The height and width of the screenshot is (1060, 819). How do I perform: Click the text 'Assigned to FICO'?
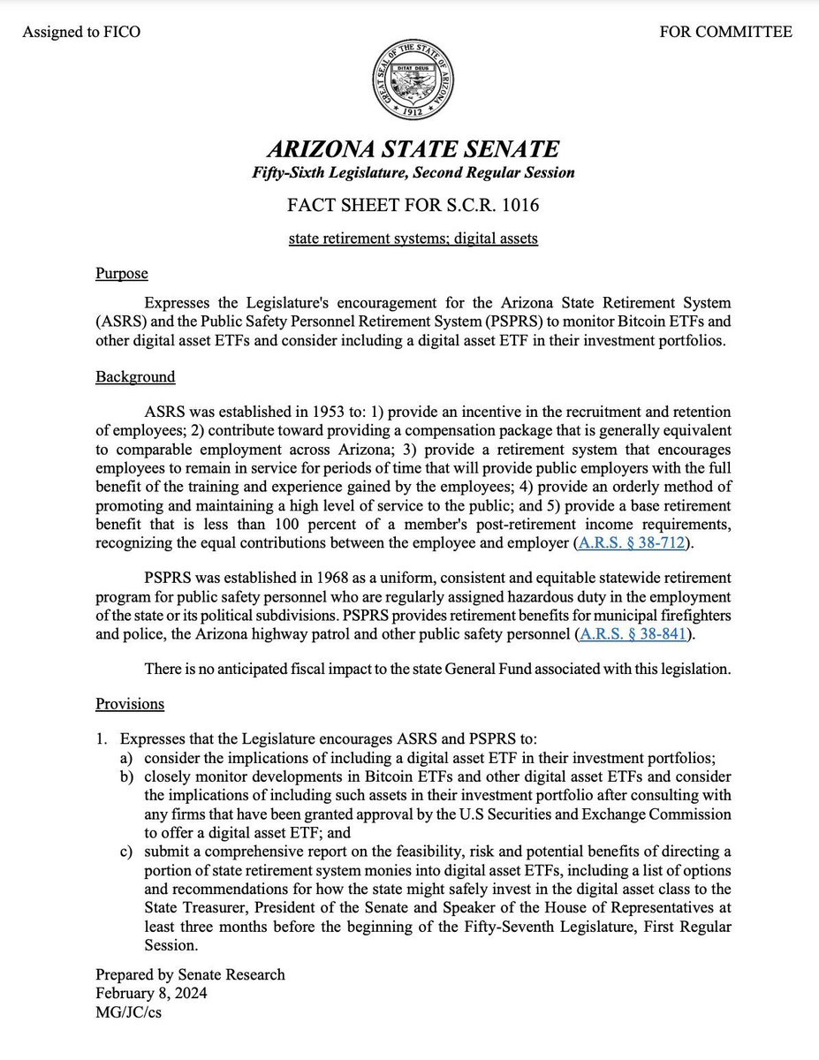click(x=81, y=33)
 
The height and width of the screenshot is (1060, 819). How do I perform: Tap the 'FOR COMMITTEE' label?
click(x=725, y=33)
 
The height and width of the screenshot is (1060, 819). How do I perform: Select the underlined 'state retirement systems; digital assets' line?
click(x=413, y=239)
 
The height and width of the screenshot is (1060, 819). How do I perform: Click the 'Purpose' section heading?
click(x=121, y=274)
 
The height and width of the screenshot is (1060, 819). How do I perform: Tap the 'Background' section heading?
click(x=135, y=377)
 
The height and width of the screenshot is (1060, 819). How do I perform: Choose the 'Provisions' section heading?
click(x=130, y=704)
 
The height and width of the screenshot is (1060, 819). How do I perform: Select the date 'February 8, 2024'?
click(x=151, y=993)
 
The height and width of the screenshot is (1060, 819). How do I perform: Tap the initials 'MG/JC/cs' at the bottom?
click(x=128, y=1012)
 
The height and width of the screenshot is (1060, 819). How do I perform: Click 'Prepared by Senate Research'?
click(x=190, y=974)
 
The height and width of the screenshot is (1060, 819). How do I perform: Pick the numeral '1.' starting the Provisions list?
click(x=102, y=738)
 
